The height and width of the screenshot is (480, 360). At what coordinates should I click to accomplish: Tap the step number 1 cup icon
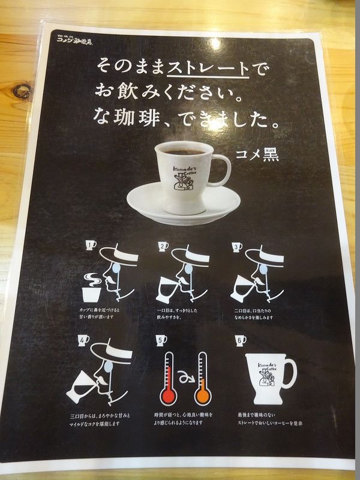pos(91,245)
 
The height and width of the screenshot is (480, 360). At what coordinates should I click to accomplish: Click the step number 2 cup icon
pos(163,245)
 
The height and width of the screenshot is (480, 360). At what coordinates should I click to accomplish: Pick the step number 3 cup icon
pos(237,245)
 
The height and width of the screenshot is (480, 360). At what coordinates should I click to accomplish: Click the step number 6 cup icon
pos(241,340)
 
